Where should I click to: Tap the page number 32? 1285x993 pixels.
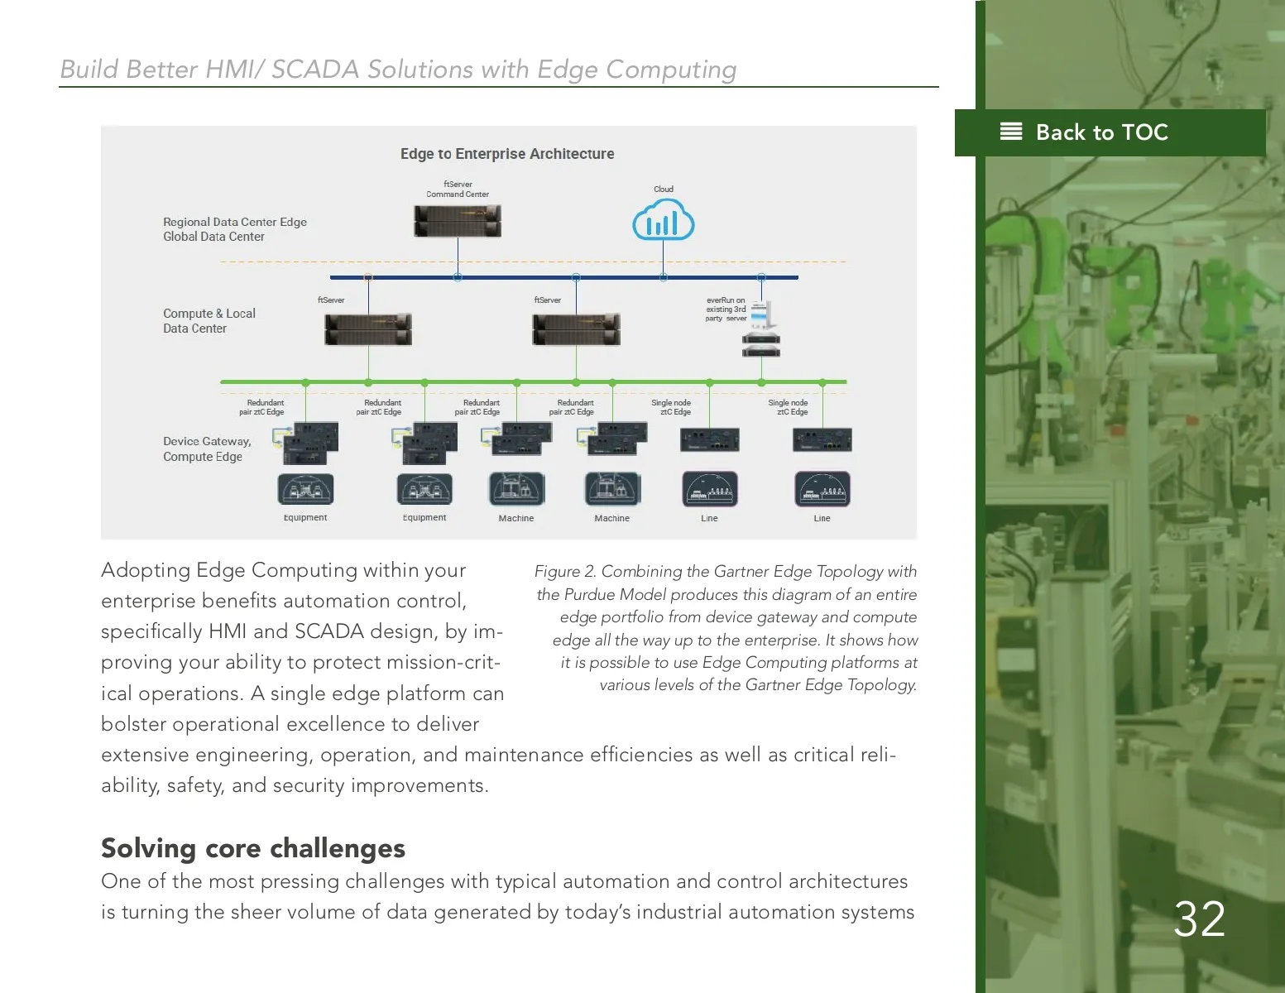click(x=1199, y=919)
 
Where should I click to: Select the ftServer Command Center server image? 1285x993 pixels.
click(x=458, y=221)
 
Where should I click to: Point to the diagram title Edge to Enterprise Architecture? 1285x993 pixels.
click(x=507, y=154)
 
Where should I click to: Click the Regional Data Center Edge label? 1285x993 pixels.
click(x=235, y=222)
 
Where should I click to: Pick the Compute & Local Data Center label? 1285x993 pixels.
click(x=209, y=321)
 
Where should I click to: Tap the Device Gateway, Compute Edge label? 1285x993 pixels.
click(x=207, y=449)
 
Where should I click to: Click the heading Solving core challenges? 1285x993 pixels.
click(x=253, y=848)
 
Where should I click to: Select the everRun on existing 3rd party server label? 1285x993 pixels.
click(x=726, y=309)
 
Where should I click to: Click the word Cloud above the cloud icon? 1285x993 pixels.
click(x=664, y=189)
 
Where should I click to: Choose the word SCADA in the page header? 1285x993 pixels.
click(x=315, y=70)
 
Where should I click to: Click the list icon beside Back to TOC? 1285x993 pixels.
click(x=1011, y=132)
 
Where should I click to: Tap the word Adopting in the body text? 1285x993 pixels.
click(x=146, y=571)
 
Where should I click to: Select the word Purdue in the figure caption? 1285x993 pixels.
click(x=589, y=595)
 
